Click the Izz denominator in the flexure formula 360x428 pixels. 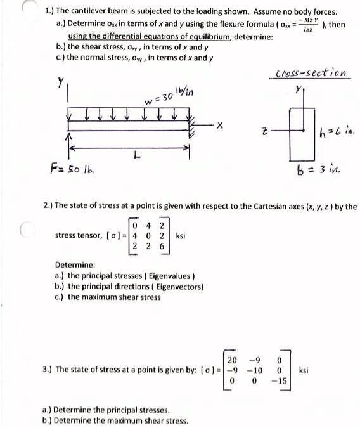pos(308,30)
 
